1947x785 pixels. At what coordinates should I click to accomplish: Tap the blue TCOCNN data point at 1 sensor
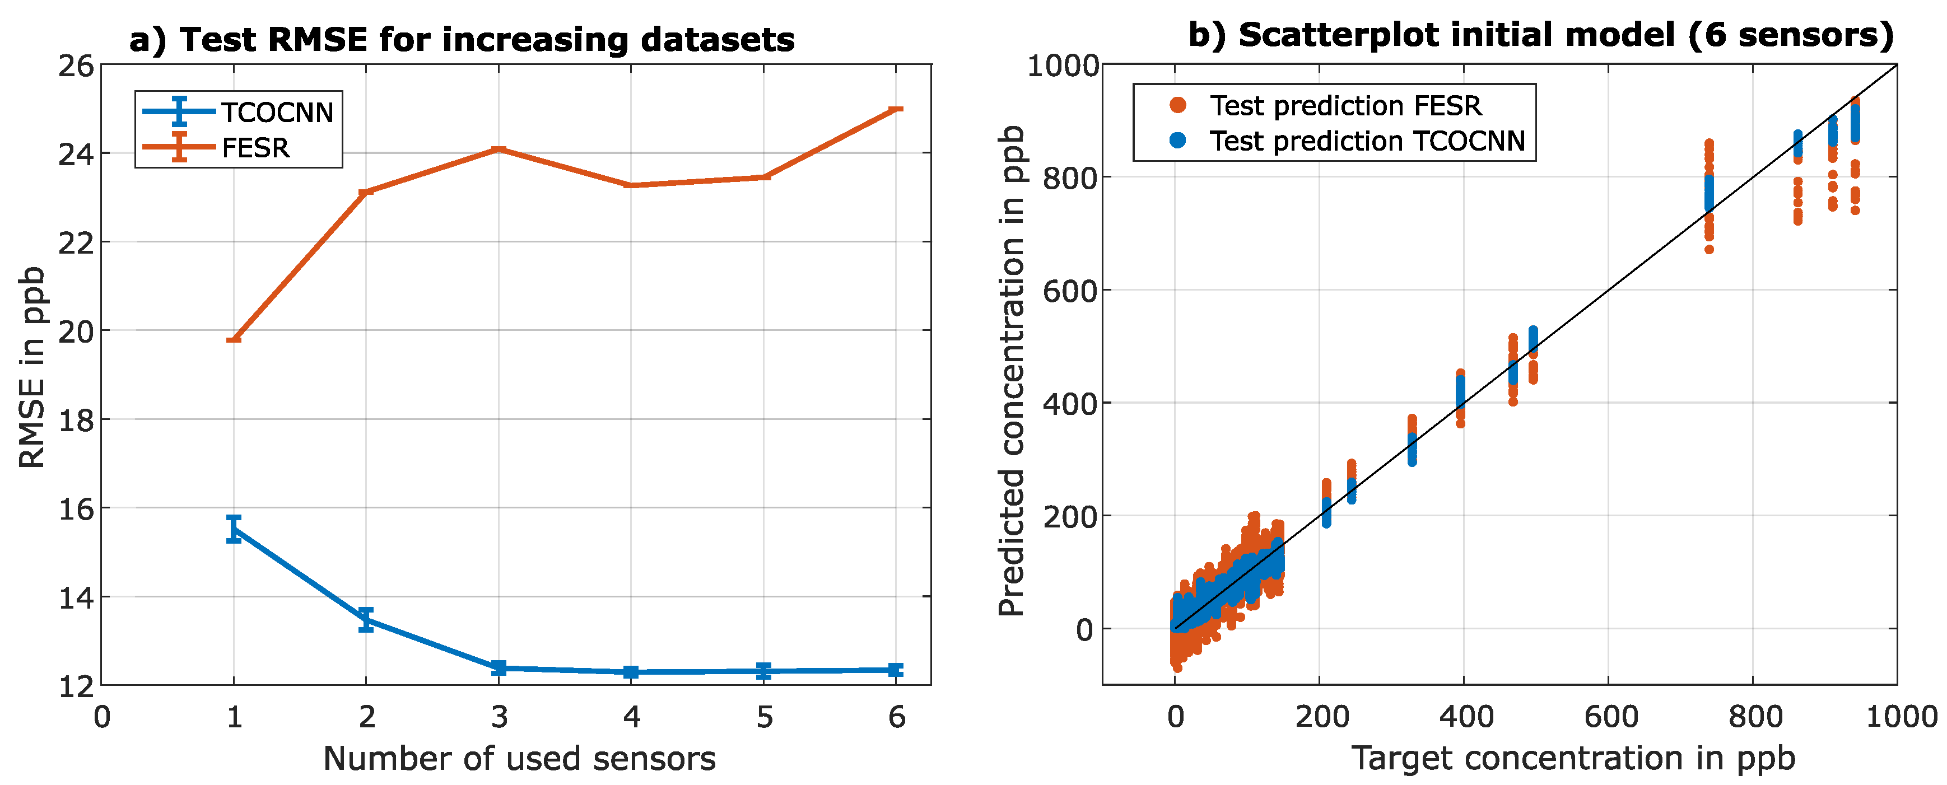pos(234,529)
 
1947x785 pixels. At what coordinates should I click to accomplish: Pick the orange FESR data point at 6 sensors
pos(896,109)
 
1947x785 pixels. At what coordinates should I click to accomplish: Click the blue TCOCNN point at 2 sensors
pos(366,619)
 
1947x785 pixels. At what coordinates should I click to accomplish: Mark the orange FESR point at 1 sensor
pos(234,339)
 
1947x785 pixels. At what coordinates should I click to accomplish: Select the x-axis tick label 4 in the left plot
pos(631,716)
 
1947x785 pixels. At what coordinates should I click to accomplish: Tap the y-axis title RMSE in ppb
pos(32,367)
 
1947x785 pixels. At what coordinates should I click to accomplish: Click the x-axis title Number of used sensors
pos(519,758)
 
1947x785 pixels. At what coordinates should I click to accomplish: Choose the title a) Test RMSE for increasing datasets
pos(461,39)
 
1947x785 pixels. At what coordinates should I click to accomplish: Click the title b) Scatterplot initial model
pos(1540,35)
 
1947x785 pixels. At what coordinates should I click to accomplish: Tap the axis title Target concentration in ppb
pos(1572,757)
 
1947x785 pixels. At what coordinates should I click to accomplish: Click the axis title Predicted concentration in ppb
pos(1010,370)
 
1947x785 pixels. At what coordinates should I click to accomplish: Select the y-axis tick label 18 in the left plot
pos(76,420)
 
